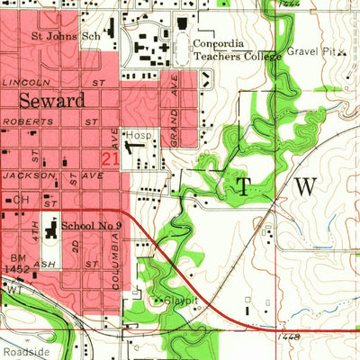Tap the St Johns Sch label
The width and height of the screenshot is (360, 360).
point(64,37)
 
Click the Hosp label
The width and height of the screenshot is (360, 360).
point(138,134)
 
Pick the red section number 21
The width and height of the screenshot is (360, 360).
point(111,158)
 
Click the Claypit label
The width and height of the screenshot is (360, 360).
point(178,301)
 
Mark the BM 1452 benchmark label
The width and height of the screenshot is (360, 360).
point(15,259)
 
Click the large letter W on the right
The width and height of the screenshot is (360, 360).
point(307,186)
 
